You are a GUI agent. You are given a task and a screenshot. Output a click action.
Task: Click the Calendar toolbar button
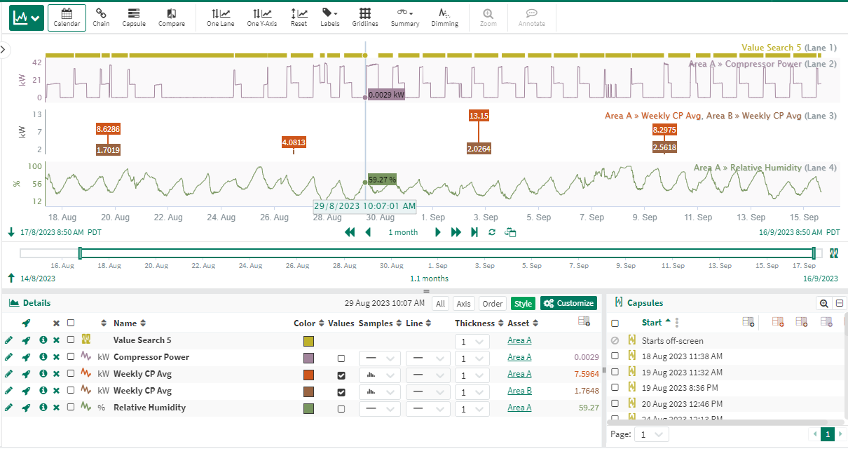(x=67, y=18)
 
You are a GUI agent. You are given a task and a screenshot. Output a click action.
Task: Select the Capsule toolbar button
(x=134, y=18)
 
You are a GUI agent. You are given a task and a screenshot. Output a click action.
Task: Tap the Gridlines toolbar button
(x=365, y=18)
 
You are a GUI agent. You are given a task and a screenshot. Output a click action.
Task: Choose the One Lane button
(x=221, y=18)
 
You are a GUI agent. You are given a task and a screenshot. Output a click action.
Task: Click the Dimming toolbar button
(x=444, y=18)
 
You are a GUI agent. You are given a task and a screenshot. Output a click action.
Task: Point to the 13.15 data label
(x=479, y=116)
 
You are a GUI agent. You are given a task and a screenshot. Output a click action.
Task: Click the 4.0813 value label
(x=294, y=142)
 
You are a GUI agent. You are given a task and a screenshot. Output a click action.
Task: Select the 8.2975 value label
(x=664, y=130)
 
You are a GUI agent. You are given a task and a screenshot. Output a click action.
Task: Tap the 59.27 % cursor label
(x=382, y=180)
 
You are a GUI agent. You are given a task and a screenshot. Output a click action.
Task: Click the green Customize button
(x=568, y=303)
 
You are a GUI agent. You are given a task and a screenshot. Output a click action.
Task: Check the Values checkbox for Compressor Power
(x=341, y=357)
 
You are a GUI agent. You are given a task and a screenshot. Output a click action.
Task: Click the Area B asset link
(x=519, y=391)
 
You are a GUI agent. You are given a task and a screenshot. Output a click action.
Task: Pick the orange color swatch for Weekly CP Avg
(x=308, y=375)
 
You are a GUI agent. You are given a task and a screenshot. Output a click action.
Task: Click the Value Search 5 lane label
(x=771, y=48)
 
